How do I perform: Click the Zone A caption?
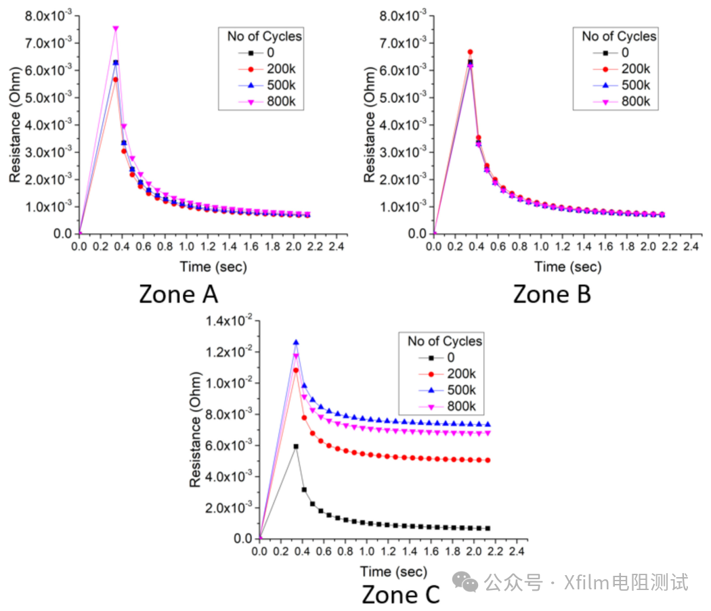[178, 294]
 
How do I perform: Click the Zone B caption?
[552, 294]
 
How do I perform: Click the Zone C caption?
[401, 595]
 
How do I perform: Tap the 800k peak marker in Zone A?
[116, 29]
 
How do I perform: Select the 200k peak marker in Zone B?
[470, 52]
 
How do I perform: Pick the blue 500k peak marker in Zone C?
[296, 342]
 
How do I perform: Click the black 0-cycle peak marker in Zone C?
[296, 446]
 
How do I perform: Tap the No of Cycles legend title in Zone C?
[445, 341]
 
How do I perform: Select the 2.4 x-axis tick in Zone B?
[691, 247]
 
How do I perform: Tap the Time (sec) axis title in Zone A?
[213, 267]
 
